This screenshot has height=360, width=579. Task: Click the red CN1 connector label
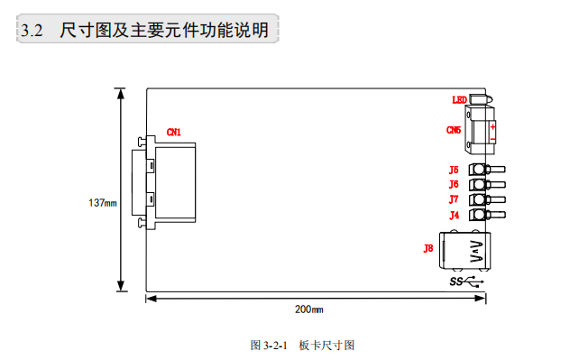pos(174,132)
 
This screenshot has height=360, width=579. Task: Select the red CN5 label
pos(454,130)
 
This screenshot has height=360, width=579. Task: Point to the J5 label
pos(454,170)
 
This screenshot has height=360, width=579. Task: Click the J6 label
pos(454,184)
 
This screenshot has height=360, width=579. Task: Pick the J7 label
pos(454,198)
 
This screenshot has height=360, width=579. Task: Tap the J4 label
pos(454,215)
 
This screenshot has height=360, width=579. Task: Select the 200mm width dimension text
pos(308,309)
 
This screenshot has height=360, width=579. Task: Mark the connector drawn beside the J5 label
pos(486,170)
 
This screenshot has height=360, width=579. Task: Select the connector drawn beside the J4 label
pos(486,215)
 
